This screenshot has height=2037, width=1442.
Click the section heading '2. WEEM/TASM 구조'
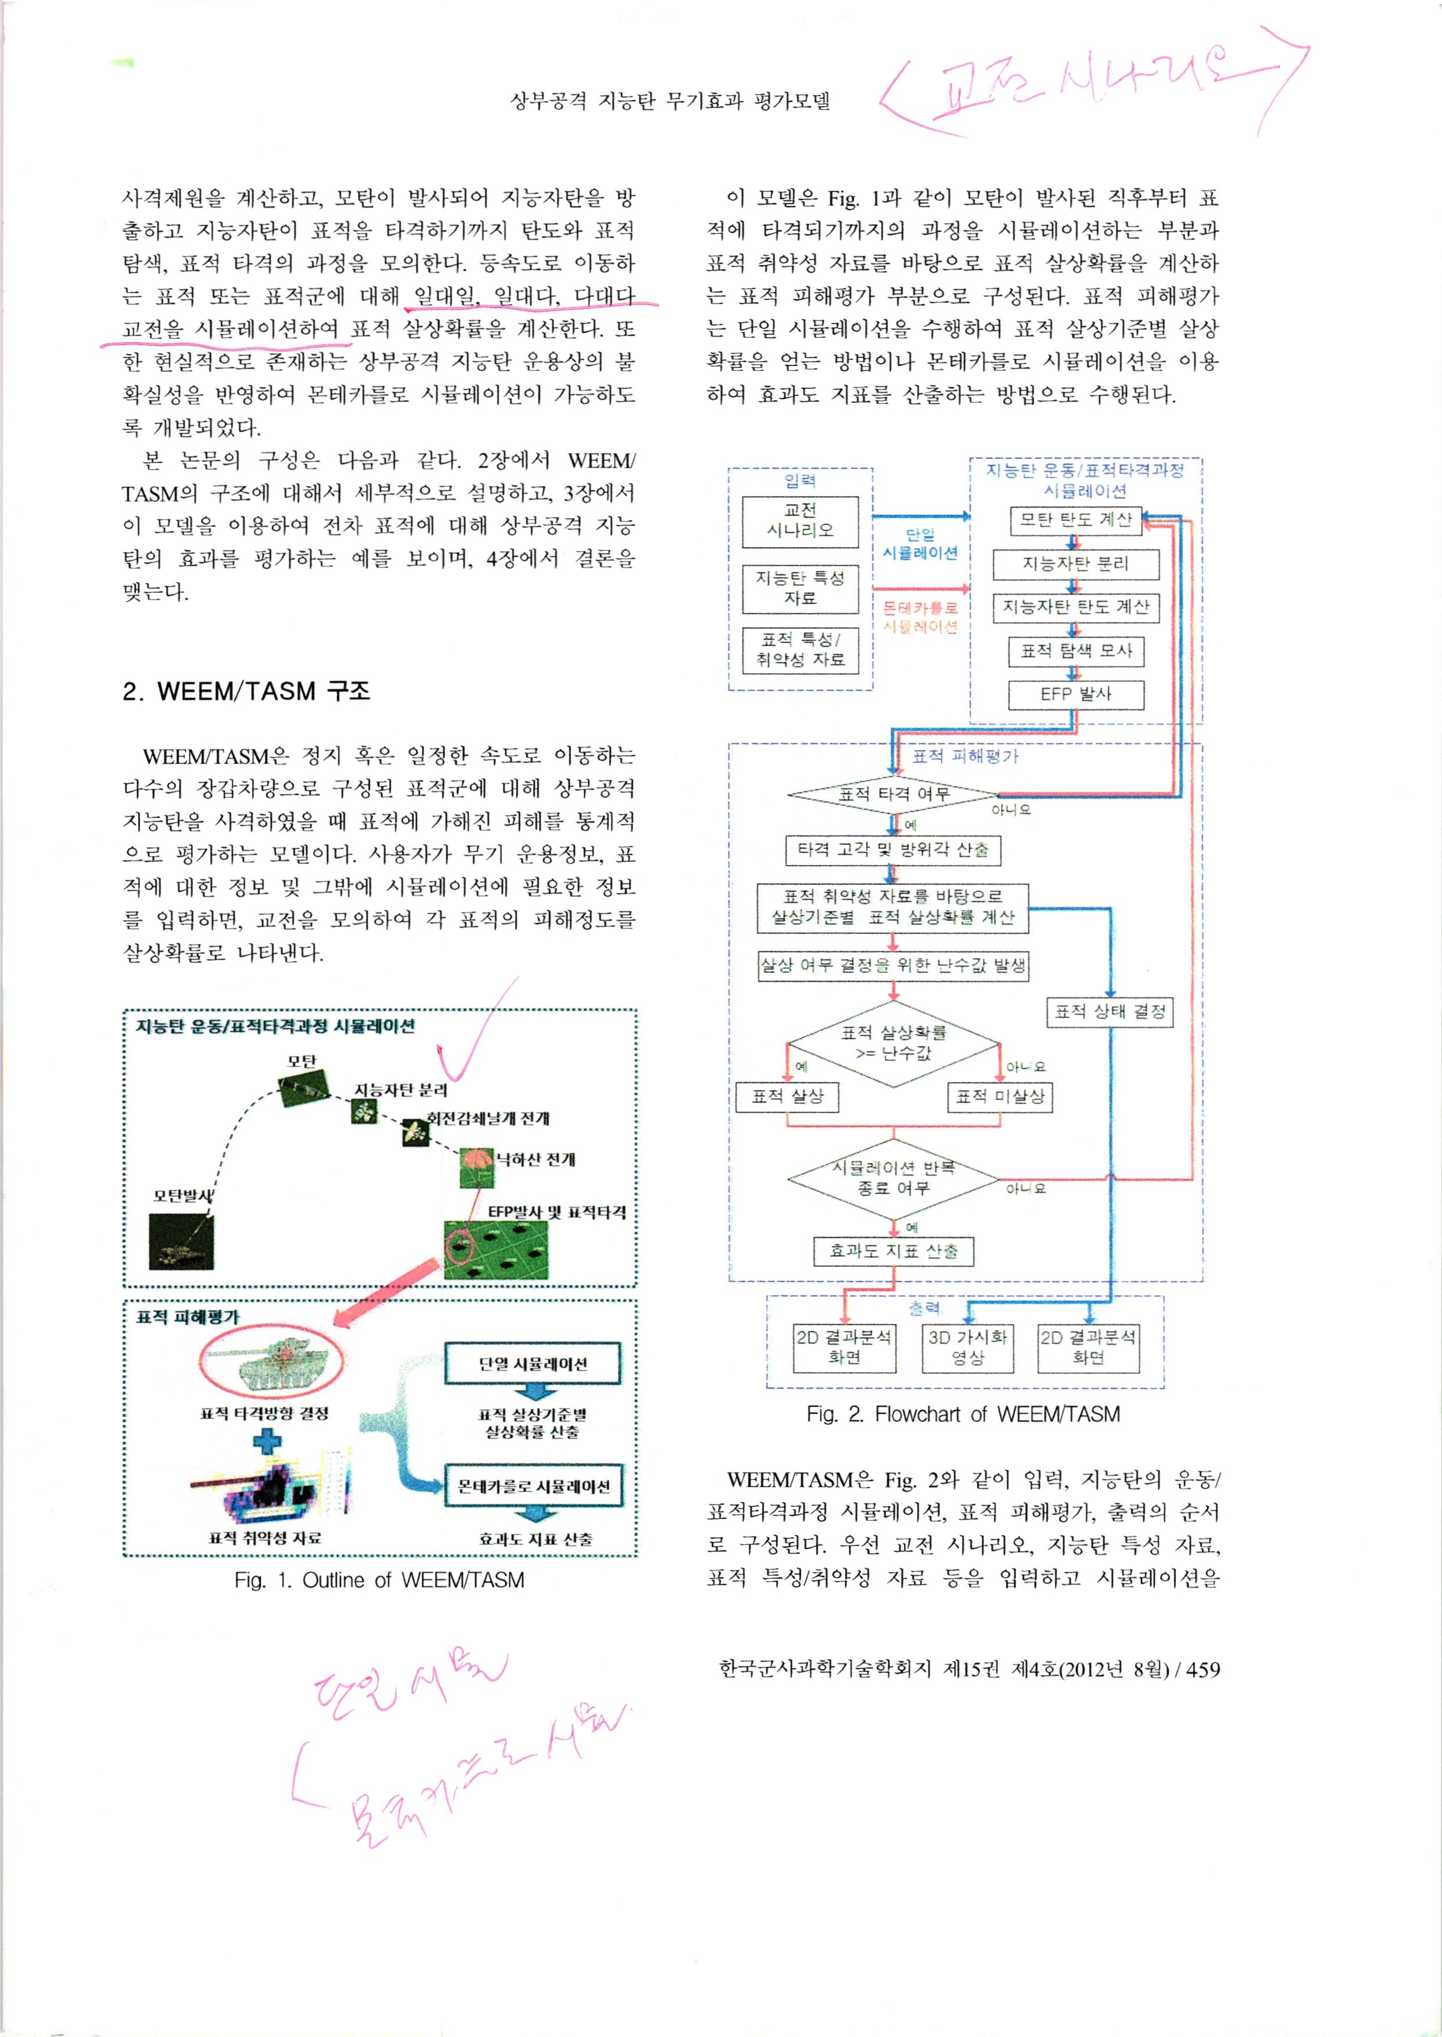point(246,691)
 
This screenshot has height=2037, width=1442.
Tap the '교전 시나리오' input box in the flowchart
point(800,520)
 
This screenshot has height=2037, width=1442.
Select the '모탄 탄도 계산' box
point(1075,520)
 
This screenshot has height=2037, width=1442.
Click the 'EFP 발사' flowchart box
point(1075,694)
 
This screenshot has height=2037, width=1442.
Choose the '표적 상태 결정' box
point(1110,1011)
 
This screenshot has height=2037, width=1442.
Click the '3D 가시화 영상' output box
point(968,1348)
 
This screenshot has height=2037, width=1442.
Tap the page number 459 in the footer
point(1203,1669)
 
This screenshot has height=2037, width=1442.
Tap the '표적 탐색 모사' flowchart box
point(1075,651)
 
